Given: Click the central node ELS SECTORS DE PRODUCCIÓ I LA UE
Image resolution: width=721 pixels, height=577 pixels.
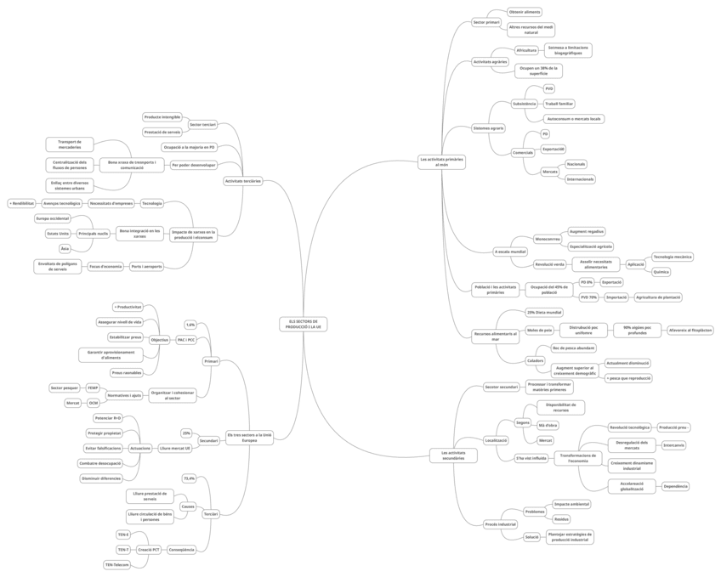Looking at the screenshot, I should click(303, 325).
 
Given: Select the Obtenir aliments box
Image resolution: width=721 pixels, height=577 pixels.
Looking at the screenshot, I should click(524, 12).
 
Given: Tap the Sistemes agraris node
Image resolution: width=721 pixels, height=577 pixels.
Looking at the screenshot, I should click(489, 127).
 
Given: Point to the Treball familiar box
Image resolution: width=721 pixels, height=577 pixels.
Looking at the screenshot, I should click(559, 103).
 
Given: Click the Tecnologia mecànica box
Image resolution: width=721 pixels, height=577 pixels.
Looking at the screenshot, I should click(673, 256).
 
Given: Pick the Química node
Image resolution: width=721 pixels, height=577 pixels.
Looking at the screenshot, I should click(661, 272).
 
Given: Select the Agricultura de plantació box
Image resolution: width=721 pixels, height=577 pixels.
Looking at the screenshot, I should click(658, 297).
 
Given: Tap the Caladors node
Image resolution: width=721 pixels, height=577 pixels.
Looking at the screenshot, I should click(535, 360).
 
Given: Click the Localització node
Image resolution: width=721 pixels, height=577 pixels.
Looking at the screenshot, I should click(496, 440).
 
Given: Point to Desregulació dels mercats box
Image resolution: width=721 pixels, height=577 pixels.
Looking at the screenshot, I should click(632, 444).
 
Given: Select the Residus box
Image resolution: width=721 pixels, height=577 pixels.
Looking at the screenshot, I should click(561, 518).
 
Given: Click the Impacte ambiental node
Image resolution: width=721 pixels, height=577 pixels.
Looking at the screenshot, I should click(571, 504).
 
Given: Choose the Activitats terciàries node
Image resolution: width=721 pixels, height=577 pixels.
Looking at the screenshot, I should click(243, 181).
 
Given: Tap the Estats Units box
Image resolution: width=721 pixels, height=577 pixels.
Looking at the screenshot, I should click(58, 233).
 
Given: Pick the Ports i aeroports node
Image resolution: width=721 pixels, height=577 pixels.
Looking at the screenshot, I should click(146, 267).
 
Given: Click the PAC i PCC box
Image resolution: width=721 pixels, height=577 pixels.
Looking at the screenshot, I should click(185, 340).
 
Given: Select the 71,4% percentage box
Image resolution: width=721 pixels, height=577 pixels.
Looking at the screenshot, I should click(190, 478).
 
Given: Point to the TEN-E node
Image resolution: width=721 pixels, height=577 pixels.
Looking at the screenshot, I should click(123, 535).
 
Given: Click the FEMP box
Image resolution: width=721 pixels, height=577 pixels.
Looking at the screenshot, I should click(93, 387).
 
